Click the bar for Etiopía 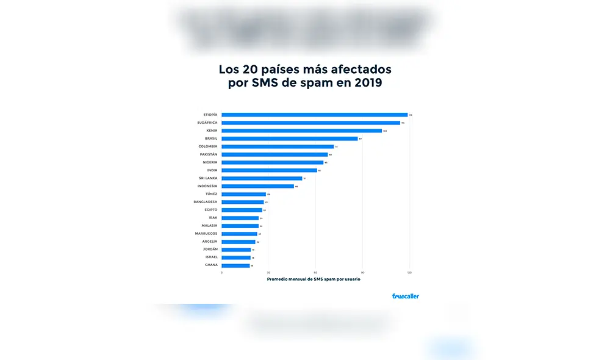(x=314, y=115)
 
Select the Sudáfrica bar (x=310, y=123)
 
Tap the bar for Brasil (x=289, y=139)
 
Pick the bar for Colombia (x=278, y=146)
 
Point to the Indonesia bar (x=257, y=186)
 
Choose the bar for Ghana (x=235, y=265)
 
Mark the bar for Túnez (x=243, y=194)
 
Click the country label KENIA (x=211, y=131)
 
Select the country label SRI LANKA (x=208, y=178)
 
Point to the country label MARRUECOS (x=206, y=234)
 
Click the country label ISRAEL (x=210, y=257)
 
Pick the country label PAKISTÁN (x=208, y=154)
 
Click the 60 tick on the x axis (x=315, y=273)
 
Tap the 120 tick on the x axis (x=409, y=273)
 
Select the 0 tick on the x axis (x=221, y=273)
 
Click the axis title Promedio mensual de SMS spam (x=314, y=279)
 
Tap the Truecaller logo (x=405, y=296)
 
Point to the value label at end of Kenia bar (x=385, y=131)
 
